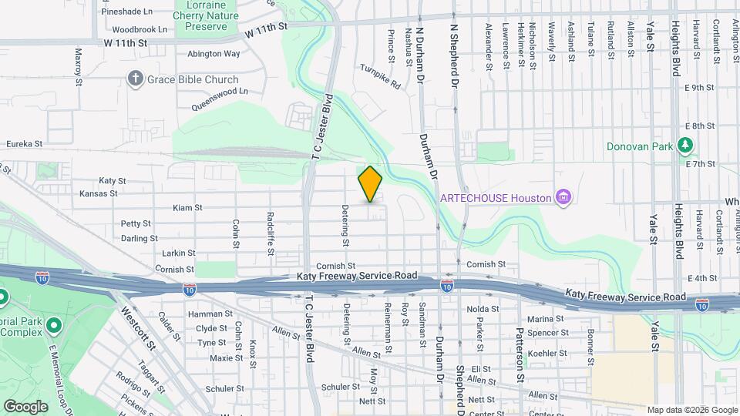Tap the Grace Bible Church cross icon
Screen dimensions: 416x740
pyautogui.click(x=136, y=79)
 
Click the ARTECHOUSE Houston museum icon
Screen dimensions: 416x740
pyautogui.click(x=564, y=198)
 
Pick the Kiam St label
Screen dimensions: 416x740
pyautogui.click(x=187, y=208)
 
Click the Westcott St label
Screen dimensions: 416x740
pyautogui.click(x=138, y=327)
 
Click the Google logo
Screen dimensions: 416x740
pyautogui.click(x=25, y=406)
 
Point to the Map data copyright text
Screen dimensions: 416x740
pyautogui.click(x=691, y=410)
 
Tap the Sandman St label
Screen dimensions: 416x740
pyautogui.click(x=422, y=324)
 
